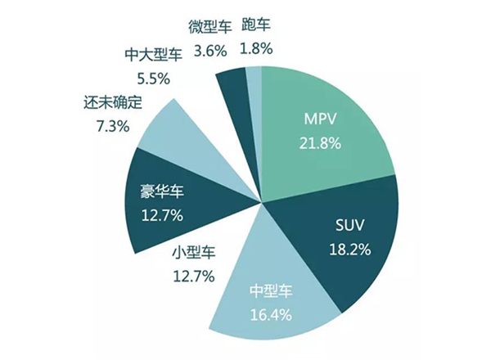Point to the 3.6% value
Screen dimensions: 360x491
210,50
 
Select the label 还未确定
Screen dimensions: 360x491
113,103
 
